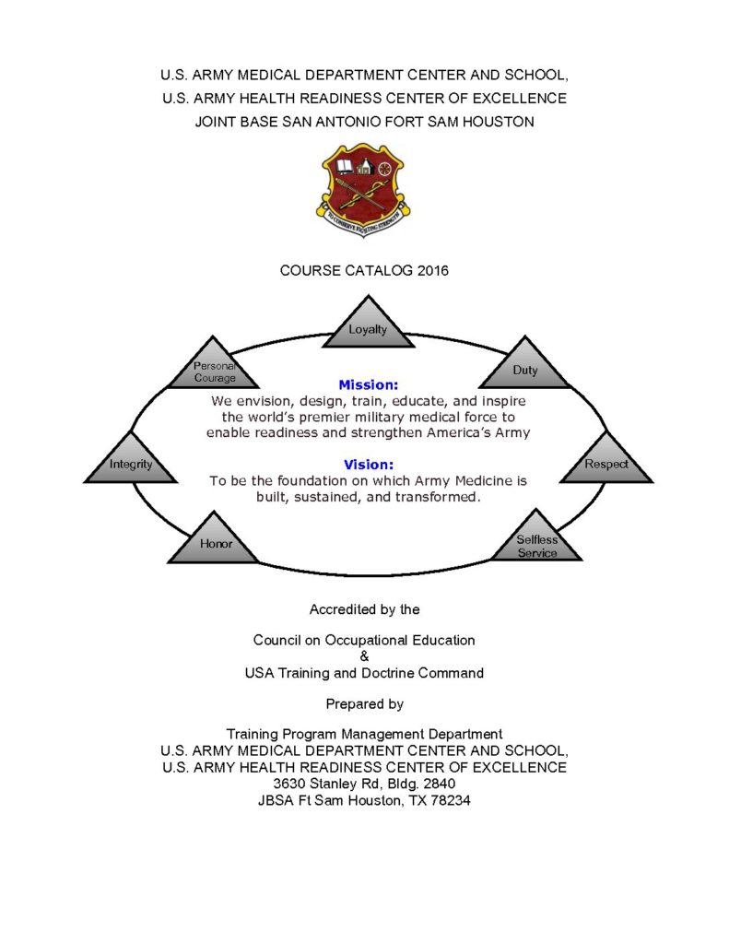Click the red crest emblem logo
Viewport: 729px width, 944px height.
(363, 185)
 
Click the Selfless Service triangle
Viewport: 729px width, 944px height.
(536, 544)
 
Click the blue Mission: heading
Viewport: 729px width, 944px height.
(365, 384)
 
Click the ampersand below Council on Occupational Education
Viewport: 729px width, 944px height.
(365, 655)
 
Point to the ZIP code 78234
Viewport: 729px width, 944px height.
(453, 800)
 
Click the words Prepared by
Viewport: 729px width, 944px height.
(365, 703)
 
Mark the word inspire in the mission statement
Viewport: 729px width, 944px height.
(500, 401)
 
